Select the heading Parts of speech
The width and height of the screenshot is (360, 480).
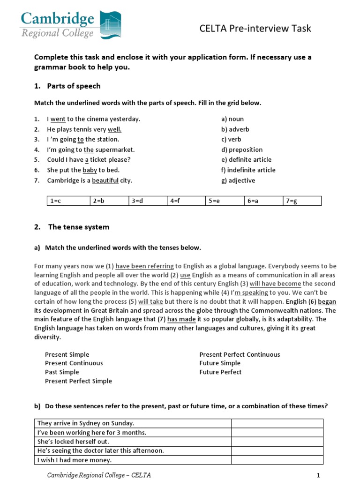[74, 86]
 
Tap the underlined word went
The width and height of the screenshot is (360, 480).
[58, 119]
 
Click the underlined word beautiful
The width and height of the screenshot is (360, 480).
[105, 180]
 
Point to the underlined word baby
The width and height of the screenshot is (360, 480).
[90, 170]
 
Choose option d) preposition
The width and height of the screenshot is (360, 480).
[242, 150]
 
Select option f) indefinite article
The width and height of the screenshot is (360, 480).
[248, 170]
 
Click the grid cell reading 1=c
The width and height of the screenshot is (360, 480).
[68, 201]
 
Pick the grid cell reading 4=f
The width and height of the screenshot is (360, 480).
[186, 201]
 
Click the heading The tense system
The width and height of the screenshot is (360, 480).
[78, 227]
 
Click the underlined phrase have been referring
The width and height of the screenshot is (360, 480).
[144, 266]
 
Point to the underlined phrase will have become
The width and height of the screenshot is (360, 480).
[275, 284]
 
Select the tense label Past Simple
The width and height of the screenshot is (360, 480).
[62, 372]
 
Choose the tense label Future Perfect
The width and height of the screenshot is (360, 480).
[220, 372]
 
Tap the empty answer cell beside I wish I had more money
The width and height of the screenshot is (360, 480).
[277, 460]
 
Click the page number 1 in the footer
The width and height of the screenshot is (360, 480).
[318, 475]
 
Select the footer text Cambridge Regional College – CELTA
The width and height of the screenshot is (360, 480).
[99, 475]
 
